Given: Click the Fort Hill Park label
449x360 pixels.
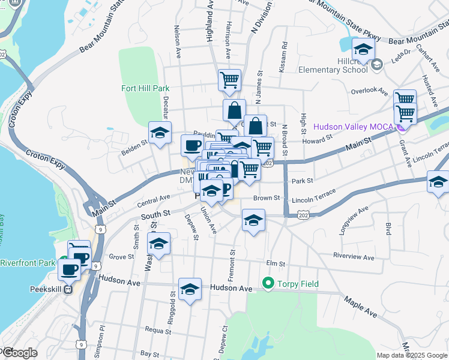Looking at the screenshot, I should [x=145, y=88].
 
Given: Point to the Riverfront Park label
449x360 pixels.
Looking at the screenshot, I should [x=28, y=263].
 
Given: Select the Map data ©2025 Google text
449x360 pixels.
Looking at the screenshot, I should [x=412, y=355].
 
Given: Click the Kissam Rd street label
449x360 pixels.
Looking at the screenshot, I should [x=283, y=58].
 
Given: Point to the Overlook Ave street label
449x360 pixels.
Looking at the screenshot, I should [x=369, y=91].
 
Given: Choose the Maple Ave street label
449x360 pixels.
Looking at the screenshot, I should [x=377, y=314].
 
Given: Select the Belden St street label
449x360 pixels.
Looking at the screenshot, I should [x=135, y=144].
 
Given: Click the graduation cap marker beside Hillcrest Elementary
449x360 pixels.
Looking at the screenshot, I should [x=363, y=48].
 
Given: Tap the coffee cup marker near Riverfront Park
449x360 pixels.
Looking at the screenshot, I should [x=69, y=269].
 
